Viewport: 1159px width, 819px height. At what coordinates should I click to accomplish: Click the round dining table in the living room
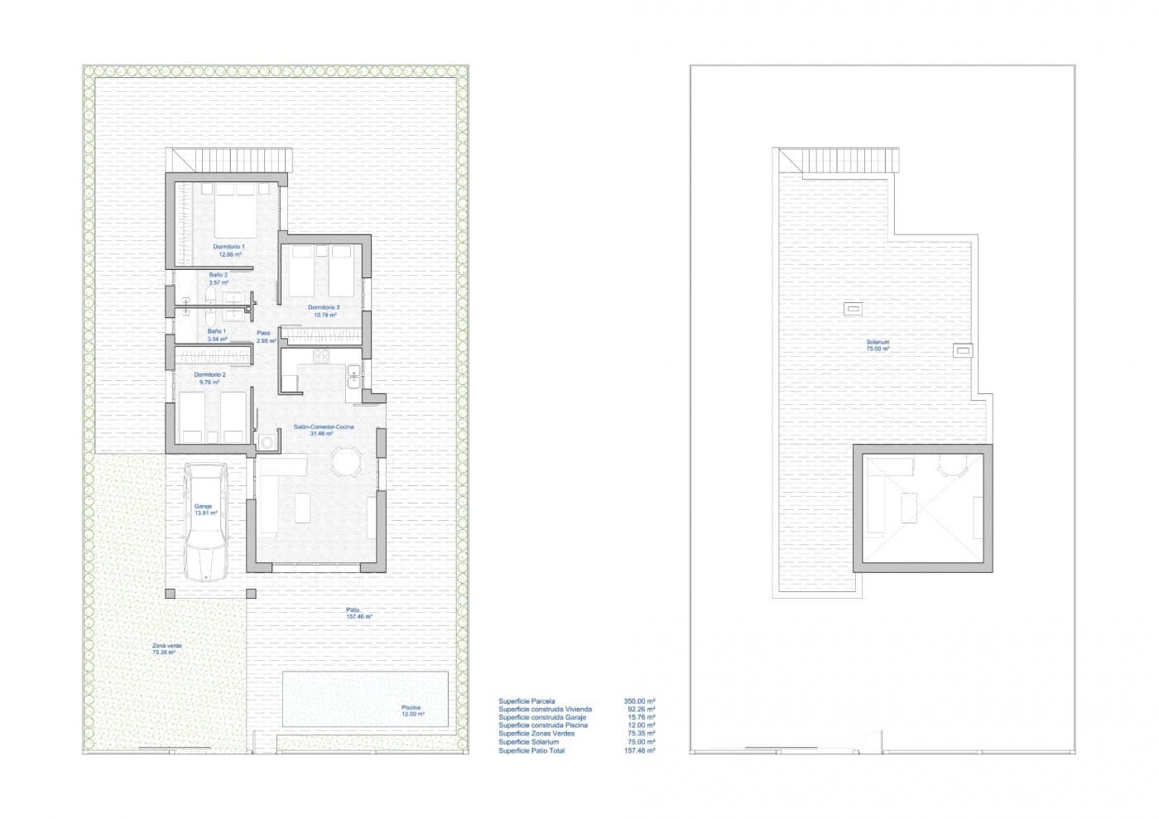point(346,462)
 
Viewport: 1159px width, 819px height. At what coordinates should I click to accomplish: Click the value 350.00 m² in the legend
point(639,701)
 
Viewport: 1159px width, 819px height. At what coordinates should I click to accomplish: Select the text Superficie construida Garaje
point(541,717)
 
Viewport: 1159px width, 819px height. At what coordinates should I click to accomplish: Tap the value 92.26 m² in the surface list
point(641,710)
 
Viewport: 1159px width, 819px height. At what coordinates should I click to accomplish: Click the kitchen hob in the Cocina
point(320,358)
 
